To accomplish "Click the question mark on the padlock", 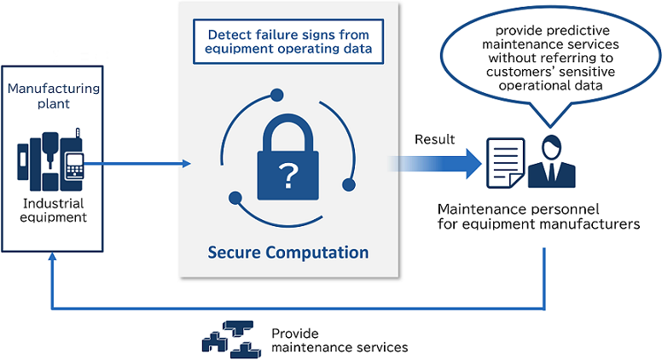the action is point(288,176).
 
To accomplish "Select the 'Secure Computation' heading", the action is point(288,253).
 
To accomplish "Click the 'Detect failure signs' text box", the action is point(288,41).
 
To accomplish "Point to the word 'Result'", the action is point(434,139).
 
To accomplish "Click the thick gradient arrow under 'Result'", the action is point(434,163).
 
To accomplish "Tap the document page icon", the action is point(506,162).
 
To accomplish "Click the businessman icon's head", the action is point(551,146).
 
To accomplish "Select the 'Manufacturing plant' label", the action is point(54,96).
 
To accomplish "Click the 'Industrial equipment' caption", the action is point(54,210).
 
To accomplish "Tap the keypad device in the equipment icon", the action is point(74,165).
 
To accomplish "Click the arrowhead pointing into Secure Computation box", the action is point(187,163).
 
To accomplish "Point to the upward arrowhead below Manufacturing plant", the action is point(52,257).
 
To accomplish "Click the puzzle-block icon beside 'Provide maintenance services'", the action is point(231,340).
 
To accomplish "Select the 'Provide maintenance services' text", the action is point(340,340).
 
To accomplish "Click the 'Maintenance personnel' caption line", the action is point(518,209).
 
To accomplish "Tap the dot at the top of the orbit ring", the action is point(277,95).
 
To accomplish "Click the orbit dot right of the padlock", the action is point(349,184).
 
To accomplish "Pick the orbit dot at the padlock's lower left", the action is point(235,198).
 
